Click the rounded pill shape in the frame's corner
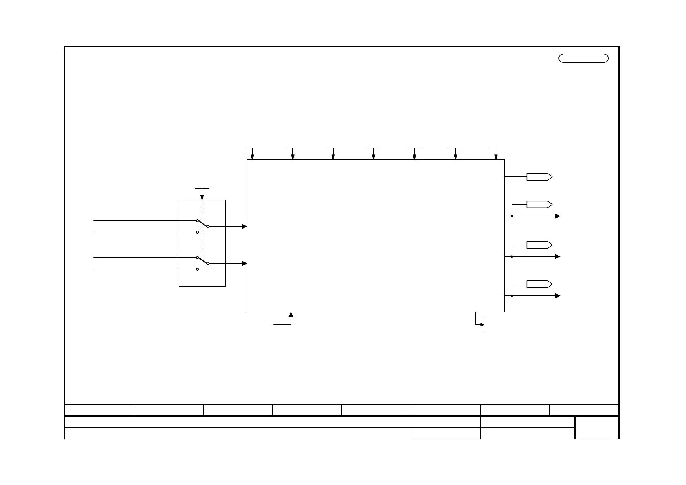tap(583, 58)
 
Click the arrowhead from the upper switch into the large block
tap(244, 226)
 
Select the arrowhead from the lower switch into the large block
tap(244, 263)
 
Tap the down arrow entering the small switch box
tap(202, 197)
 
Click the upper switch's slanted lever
tap(202, 223)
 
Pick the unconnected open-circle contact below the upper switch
tap(198, 232)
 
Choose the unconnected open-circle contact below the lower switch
tap(198, 269)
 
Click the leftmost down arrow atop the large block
tap(252, 157)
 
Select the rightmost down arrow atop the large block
tap(496, 157)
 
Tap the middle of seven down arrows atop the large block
tap(374, 157)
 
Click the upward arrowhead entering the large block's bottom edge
tap(291, 315)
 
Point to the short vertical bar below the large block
tap(484, 324)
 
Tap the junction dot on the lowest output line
tap(512, 296)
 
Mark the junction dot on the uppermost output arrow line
tap(512, 216)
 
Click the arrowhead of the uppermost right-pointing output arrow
tap(558, 216)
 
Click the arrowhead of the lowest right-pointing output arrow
tap(558, 296)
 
